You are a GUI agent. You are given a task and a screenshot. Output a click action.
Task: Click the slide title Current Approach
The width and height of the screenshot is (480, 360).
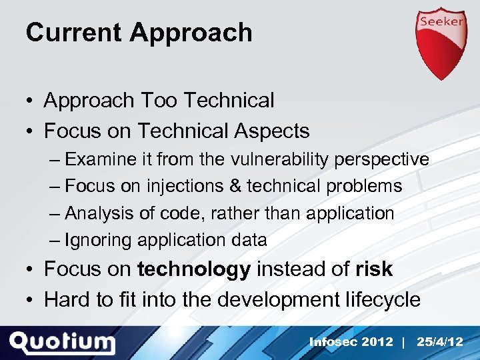pyautogui.click(x=139, y=33)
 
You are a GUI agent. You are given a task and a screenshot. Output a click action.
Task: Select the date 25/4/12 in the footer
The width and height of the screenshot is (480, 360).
pyautogui.click(x=439, y=342)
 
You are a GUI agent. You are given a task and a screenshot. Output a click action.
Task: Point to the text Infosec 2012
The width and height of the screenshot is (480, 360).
pyautogui.click(x=351, y=342)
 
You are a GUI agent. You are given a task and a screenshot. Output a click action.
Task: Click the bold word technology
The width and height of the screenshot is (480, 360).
pyautogui.click(x=193, y=269)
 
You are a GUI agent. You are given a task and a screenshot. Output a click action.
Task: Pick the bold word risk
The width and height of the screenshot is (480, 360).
pyautogui.click(x=374, y=269)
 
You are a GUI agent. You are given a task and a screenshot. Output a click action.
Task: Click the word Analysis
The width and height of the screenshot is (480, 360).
pyautogui.click(x=99, y=213)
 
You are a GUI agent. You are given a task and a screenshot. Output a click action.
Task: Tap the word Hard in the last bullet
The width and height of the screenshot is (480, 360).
pyautogui.click(x=67, y=300)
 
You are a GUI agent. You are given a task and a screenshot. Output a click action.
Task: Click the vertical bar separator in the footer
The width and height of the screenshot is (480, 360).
pyautogui.click(x=404, y=342)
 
